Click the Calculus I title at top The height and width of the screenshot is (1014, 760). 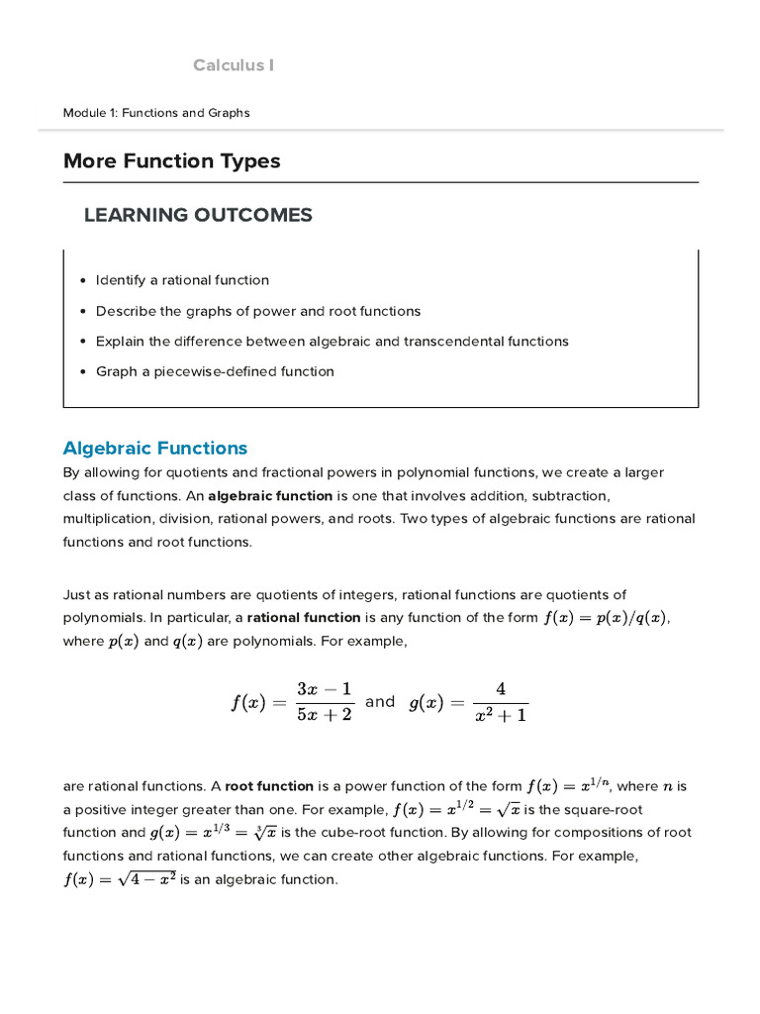tap(234, 65)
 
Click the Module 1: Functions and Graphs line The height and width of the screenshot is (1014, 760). tap(156, 113)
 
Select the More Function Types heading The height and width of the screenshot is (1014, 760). tap(171, 160)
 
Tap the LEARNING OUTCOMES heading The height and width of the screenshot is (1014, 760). tap(198, 215)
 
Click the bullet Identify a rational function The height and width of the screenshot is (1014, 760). tap(182, 280)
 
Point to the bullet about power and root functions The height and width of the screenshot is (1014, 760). tap(257, 311)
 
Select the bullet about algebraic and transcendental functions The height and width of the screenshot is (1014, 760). tap(332, 342)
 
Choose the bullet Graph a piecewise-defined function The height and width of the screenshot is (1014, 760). tap(215, 371)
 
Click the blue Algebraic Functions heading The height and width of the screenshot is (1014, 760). tap(155, 449)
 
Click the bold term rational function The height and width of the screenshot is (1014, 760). tap(304, 617)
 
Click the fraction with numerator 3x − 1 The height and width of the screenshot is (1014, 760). tap(325, 702)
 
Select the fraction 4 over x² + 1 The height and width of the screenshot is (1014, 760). tap(501, 702)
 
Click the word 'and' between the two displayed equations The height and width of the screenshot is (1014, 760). tap(380, 701)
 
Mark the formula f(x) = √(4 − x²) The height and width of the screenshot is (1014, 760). tap(120, 879)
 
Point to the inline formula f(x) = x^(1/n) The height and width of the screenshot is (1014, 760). tap(568, 786)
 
